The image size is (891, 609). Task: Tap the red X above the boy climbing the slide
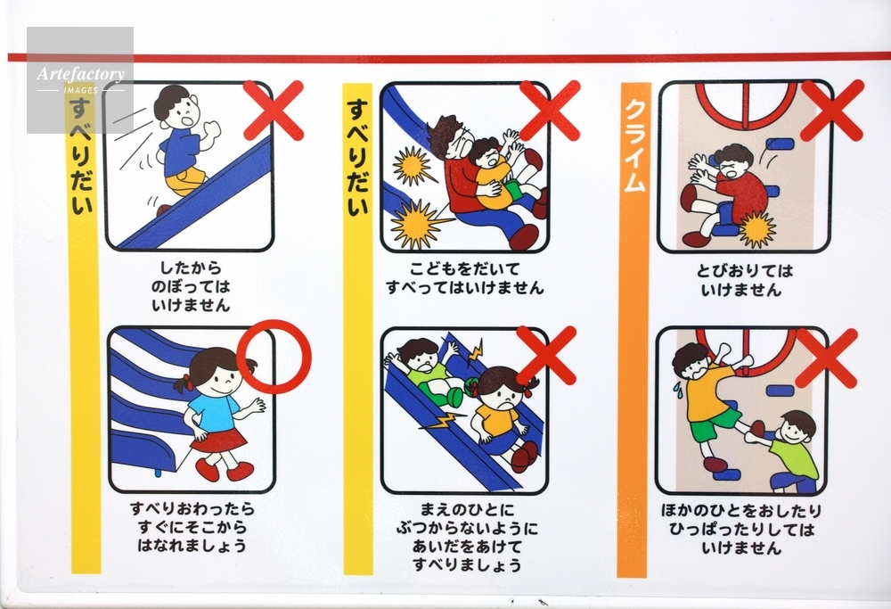tap(274, 111)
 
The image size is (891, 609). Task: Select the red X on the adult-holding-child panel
tap(550, 110)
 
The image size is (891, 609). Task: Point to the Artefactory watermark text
tap(81, 74)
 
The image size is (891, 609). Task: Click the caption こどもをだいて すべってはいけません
tap(465, 278)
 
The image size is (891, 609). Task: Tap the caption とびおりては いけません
tap(744, 280)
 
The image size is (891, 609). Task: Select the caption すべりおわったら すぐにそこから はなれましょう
tap(192, 527)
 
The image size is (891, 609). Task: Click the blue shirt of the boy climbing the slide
tap(181, 150)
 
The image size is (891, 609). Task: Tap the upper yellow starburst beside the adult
tap(413, 167)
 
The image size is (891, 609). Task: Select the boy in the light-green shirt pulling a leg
tap(787, 451)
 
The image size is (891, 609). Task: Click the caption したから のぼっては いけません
tap(191, 286)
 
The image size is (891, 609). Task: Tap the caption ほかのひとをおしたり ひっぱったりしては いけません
tap(741, 530)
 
